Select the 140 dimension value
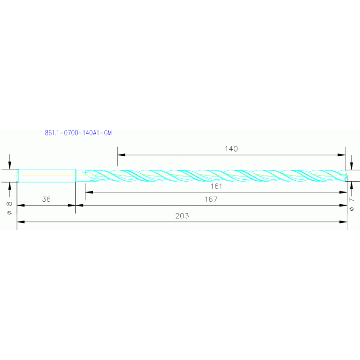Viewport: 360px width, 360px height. [231, 149]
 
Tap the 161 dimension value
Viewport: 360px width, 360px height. [216, 186]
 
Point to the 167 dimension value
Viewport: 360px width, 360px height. [211, 199]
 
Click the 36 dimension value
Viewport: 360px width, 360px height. [46, 199]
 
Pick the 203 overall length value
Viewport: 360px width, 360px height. [182, 216]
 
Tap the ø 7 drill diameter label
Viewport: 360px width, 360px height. [352, 204]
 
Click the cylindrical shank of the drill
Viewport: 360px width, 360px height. [46, 175]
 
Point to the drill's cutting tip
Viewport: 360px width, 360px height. [347, 176]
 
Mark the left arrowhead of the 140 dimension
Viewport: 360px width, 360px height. [121, 154]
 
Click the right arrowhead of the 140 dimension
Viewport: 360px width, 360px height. [342, 154]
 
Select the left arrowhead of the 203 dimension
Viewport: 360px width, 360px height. [20, 222]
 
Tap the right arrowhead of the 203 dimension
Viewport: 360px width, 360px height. [344, 222]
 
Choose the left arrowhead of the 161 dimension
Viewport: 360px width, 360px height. [88, 191]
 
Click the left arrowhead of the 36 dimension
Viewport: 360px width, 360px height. [20, 205]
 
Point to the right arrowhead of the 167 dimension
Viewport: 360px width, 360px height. [344, 205]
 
